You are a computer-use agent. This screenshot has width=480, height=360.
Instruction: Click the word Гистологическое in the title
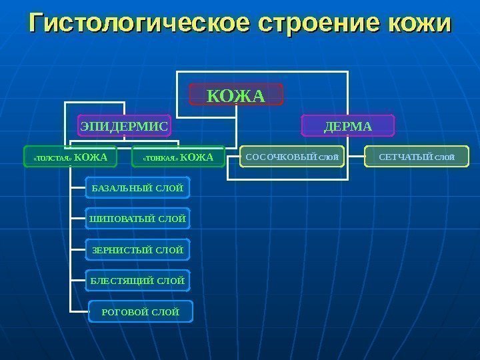[x=137, y=24]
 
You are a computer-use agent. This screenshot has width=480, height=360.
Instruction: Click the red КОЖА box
[x=236, y=95]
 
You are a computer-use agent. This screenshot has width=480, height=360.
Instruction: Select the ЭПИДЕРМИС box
[x=125, y=125]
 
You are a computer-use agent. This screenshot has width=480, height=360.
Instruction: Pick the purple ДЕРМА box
[x=348, y=125]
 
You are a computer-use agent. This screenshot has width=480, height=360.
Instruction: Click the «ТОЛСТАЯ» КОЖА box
[x=70, y=157]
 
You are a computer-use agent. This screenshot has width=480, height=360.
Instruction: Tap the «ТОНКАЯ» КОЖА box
[x=178, y=157]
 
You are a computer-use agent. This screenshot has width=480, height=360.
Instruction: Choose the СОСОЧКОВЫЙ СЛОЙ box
[x=292, y=157]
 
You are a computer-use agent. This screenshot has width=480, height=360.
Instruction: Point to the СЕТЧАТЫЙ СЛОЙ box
[x=417, y=157]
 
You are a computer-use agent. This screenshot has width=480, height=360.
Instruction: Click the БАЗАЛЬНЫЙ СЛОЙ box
[x=137, y=189]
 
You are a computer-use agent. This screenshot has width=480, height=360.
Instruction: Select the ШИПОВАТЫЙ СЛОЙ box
[x=137, y=219]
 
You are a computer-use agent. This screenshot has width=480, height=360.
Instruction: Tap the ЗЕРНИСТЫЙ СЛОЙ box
[x=137, y=250]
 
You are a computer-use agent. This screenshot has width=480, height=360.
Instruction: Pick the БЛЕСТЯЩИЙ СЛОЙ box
[x=137, y=281]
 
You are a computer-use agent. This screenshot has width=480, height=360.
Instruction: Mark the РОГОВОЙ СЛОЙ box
[x=140, y=311]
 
